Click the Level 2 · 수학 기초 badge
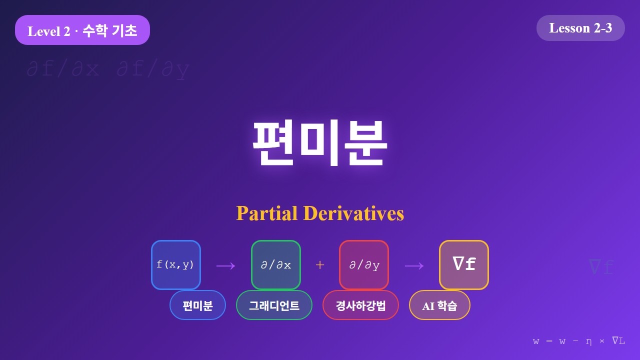pos(82,30)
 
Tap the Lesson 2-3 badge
pos(580,28)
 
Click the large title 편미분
pos(319,142)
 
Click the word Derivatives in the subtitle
pos(353,213)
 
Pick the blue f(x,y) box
pos(176,265)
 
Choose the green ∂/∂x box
pos(276,265)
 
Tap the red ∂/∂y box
pos(364,265)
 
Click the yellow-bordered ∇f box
pos(464,265)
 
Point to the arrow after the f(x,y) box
pos(225,265)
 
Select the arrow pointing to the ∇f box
pos(414,265)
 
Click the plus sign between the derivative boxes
pos(320,265)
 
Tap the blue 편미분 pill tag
pos(198,305)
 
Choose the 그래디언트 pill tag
pos(274,305)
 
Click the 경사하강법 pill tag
pos(360,305)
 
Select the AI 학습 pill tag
pos(439,305)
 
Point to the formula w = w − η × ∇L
pos(579,341)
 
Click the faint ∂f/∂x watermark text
pos(63,69)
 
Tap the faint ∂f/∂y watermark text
pos(153,69)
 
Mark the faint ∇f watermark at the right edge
pos(601,267)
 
